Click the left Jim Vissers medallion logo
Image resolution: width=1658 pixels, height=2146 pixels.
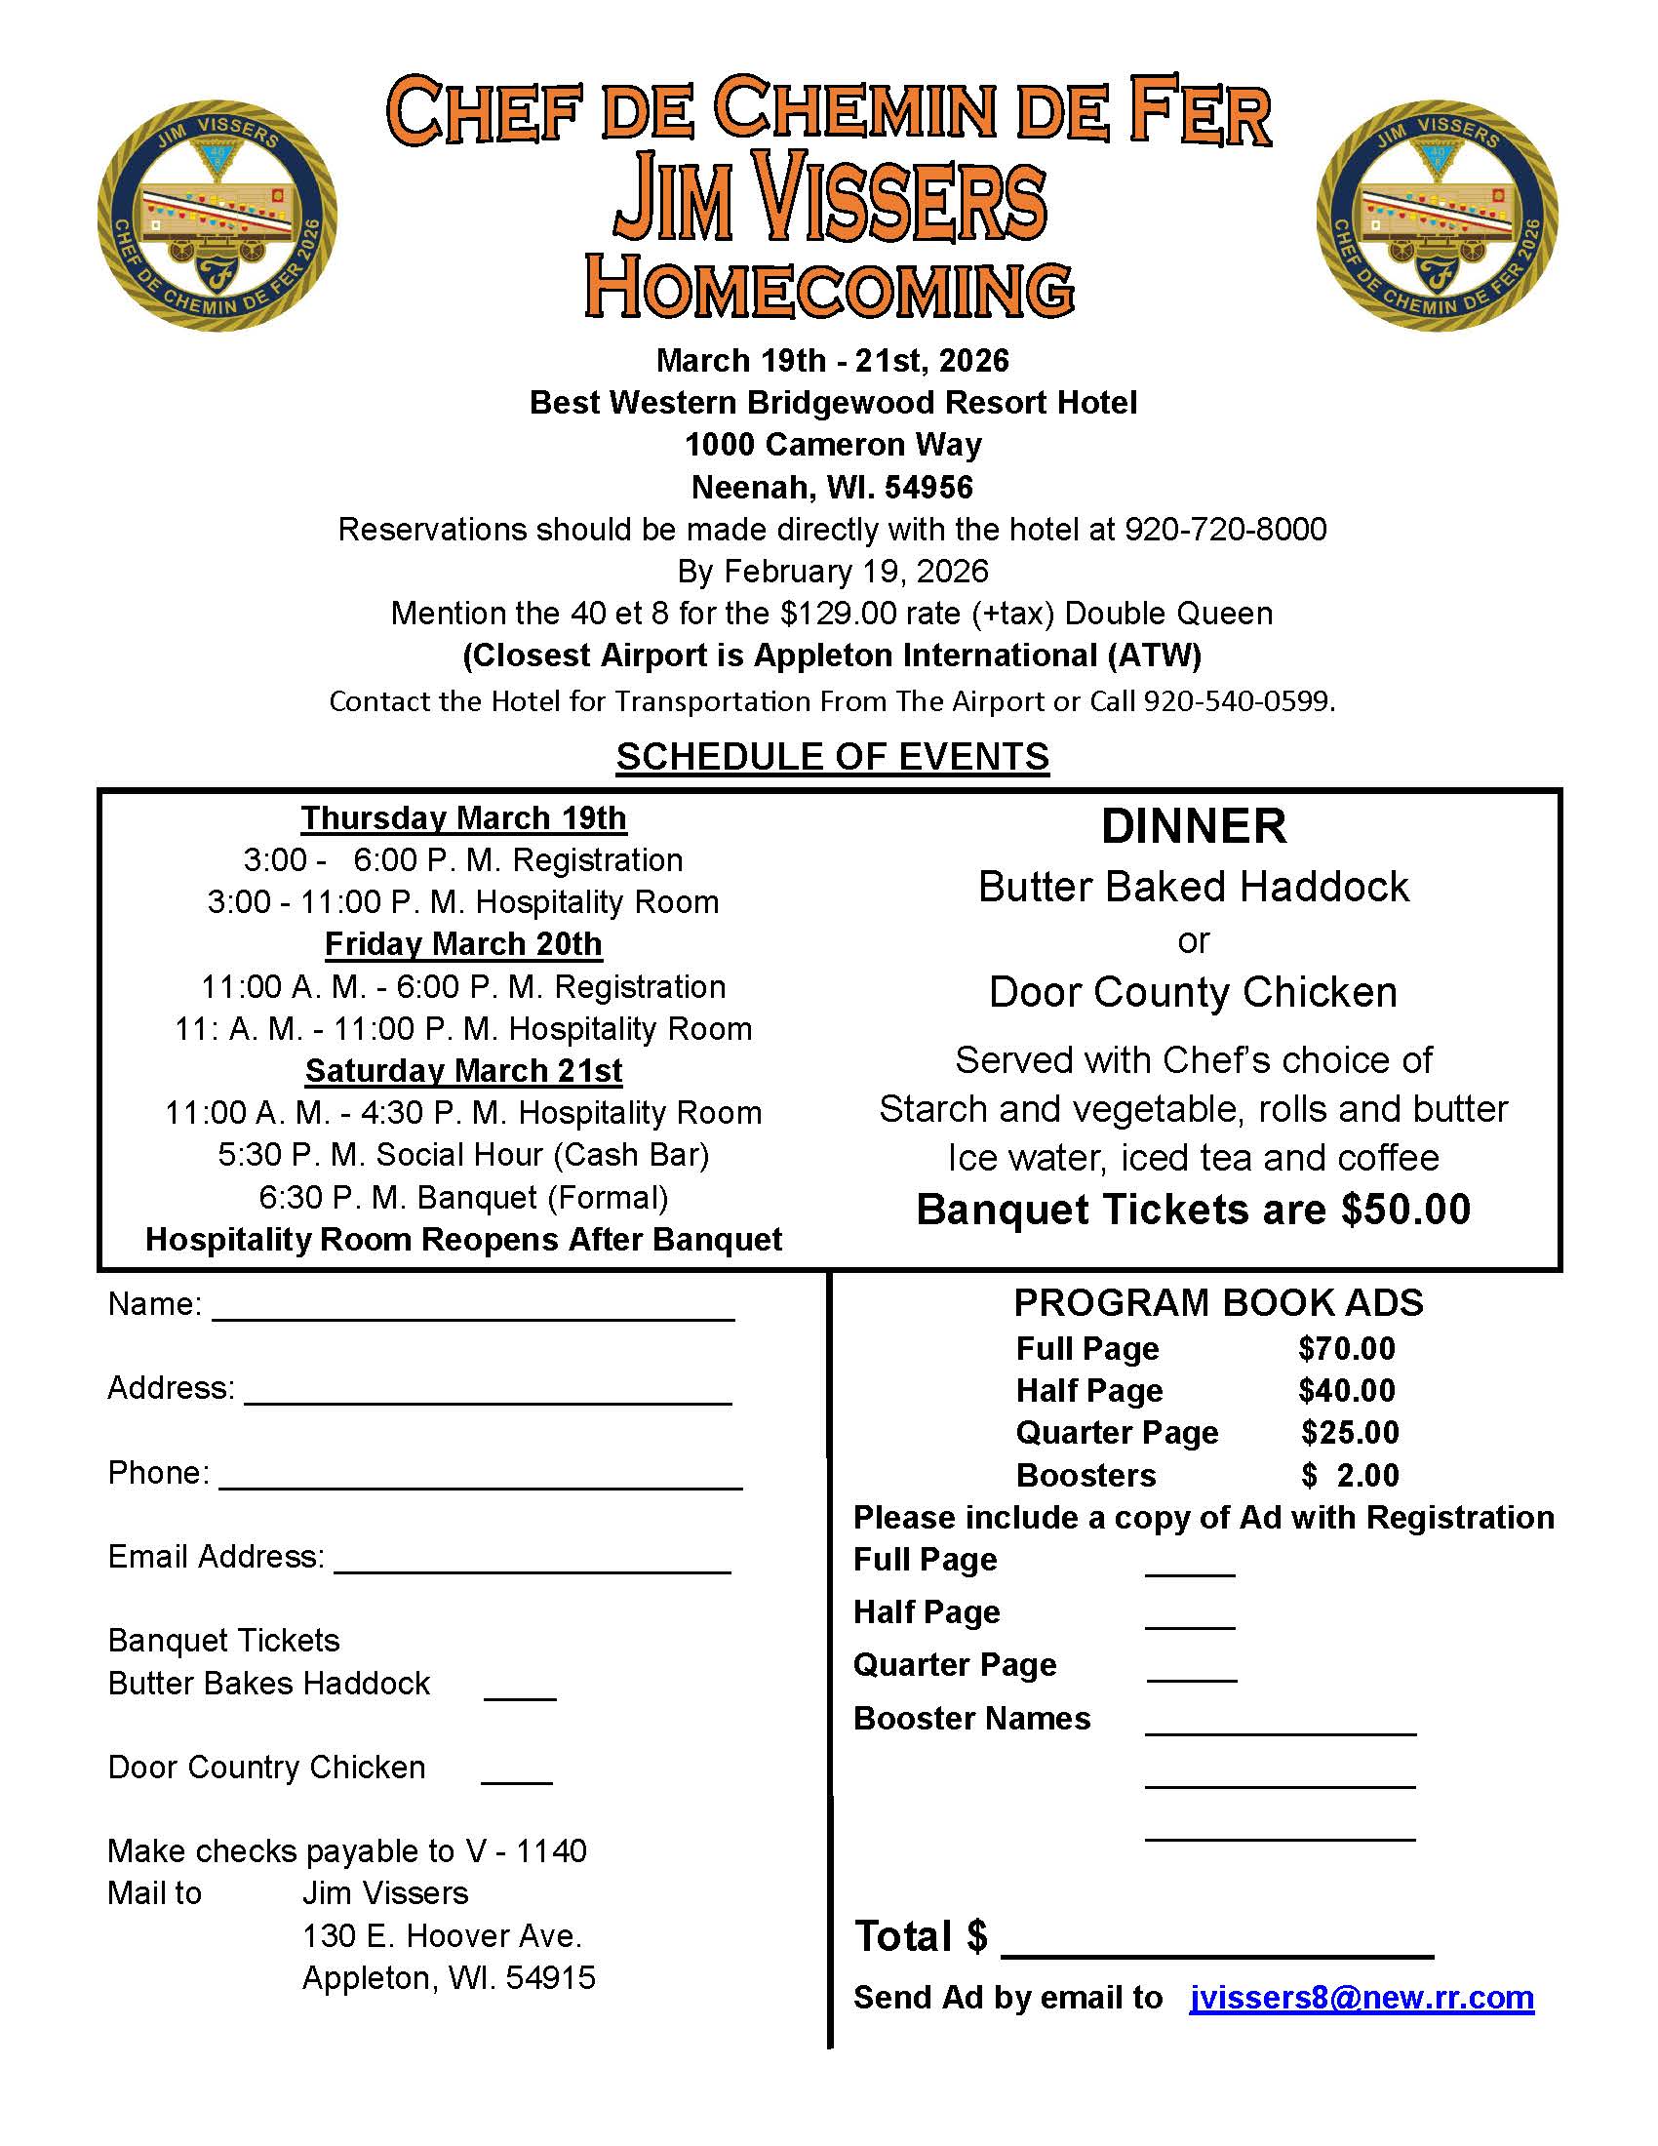pos(217,216)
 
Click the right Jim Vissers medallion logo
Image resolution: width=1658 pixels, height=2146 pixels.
pos(1436,216)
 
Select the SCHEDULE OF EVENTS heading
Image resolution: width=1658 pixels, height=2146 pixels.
pos(832,757)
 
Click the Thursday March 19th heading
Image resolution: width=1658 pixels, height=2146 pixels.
pos(463,817)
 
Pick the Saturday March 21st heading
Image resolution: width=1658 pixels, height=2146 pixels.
pos(463,1070)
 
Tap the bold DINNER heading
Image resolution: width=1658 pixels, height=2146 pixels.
pos(1194,826)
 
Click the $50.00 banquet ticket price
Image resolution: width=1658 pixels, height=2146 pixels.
pos(1405,1210)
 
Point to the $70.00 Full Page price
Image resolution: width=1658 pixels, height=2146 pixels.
pos(1346,1349)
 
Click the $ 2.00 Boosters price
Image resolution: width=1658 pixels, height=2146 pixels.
pos(1350,1475)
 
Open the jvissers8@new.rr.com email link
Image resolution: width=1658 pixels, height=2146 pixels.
pos(1361,1998)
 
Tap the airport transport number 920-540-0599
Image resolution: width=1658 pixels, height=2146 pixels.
pos(1238,701)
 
